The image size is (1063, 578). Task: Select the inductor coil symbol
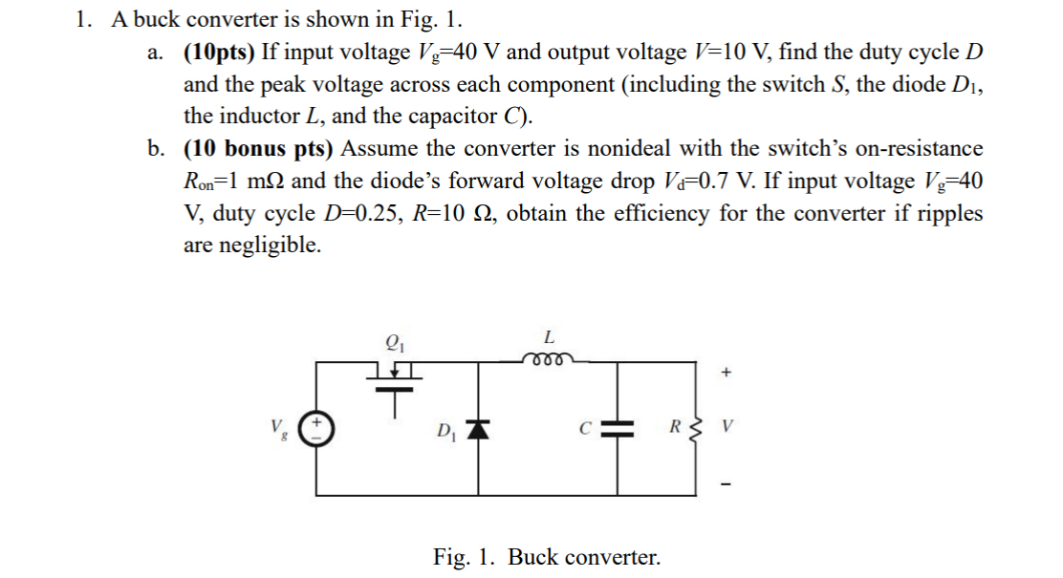548,358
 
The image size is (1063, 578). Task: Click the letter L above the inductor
548,336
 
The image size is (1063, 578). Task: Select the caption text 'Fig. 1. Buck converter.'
546,556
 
